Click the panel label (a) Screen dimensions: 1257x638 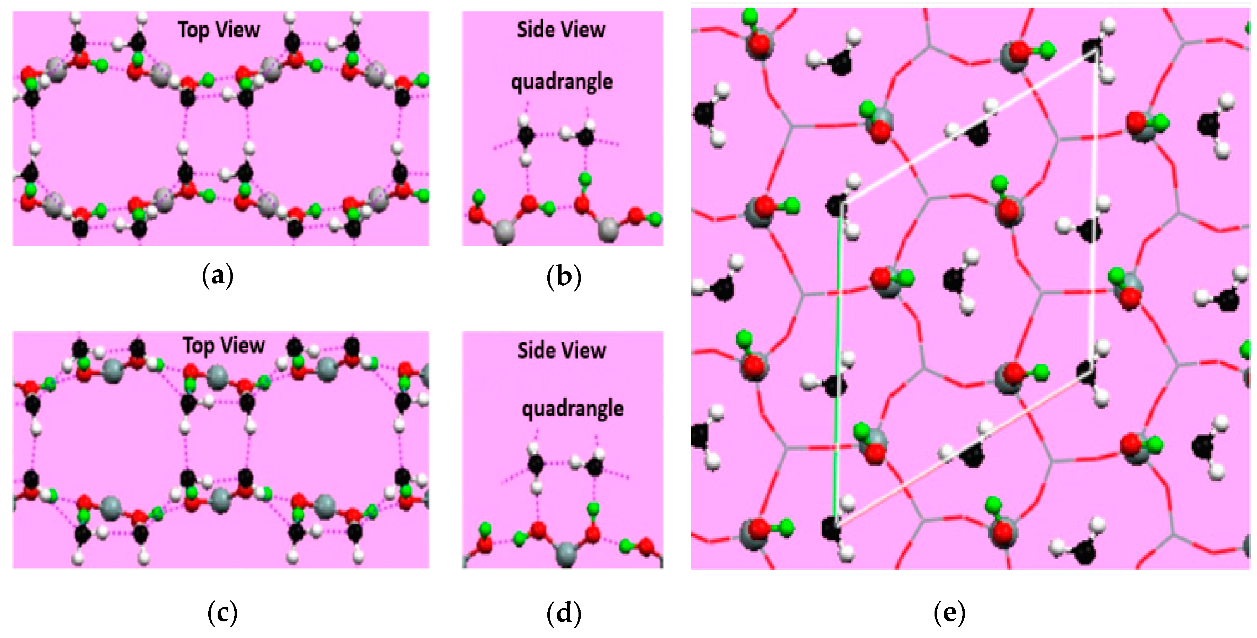click(218, 276)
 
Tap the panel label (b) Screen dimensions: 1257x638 click(564, 277)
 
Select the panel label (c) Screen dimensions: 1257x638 click(222, 613)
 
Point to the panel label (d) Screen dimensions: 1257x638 click(564, 613)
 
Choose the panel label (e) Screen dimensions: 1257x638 click(949, 613)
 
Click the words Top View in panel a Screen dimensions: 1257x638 click(219, 30)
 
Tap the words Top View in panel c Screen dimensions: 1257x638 click(224, 345)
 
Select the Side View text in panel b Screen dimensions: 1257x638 click(561, 30)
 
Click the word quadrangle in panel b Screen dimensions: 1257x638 click(562, 81)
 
